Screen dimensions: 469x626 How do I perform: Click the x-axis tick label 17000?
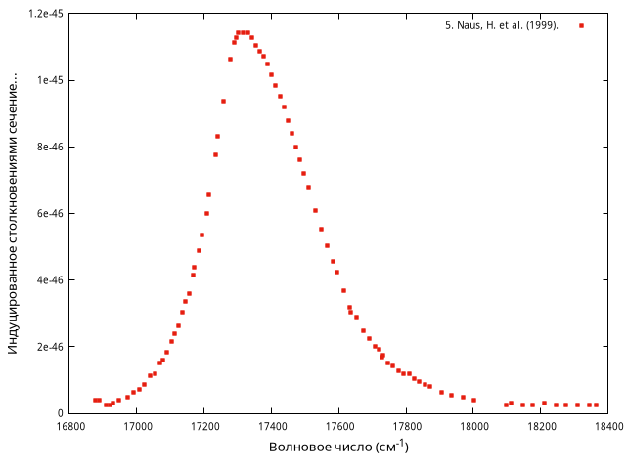pyautogui.click(x=137, y=426)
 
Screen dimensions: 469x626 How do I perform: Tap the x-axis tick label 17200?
pyautogui.click(x=204, y=426)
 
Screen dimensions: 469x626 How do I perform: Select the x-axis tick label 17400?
pyautogui.click(x=272, y=426)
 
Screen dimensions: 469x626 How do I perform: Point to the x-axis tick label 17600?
pyautogui.click(x=339, y=426)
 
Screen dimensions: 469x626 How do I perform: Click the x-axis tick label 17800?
pyautogui.click(x=407, y=426)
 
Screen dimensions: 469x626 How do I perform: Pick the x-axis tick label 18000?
pyautogui.click(x=474, y=426)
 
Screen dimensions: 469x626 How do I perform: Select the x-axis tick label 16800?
pyautogui.click(x=69, y=426)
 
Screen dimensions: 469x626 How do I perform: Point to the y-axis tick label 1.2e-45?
pyautogui.click(x=45, y=14)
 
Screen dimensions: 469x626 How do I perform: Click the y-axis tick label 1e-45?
pyautogui.click(x=49, y=80)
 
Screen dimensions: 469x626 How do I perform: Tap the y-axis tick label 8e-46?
pyautogui.click(x=49, y=147)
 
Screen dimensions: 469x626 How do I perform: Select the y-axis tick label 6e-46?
pyautogui.click(x=49, y=213)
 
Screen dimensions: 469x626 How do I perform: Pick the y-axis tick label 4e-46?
pyautogui.click(x=49, y=280)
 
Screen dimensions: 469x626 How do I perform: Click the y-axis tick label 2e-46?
pyautogui.click(x=49, y=347)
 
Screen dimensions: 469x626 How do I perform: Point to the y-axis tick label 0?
pyautogui.click(x=60, y=413)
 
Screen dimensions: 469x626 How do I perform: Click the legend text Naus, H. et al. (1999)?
pyautogui.click(x=501, y=25)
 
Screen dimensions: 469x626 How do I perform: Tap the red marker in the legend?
pyautogui.click(x=581, y=25)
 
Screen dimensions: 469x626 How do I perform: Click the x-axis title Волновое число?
pyautogui.click(x=338, y=448)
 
